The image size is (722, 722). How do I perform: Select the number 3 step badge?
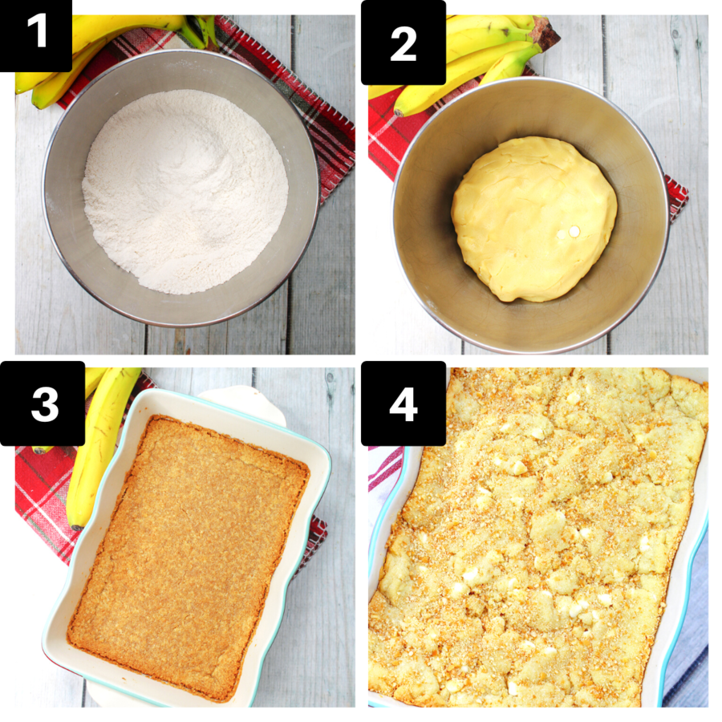pyautogui.click(x=44, y=404)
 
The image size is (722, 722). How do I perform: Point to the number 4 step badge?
pyautogui.click(x=404, y=404)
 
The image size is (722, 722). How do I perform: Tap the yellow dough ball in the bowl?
pyautogui.click(x=533, y=217)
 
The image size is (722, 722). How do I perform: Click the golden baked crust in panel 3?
pyautogui.click(x=189, y=554)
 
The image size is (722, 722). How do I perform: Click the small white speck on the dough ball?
pyautogui.click(x=573, y=232)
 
